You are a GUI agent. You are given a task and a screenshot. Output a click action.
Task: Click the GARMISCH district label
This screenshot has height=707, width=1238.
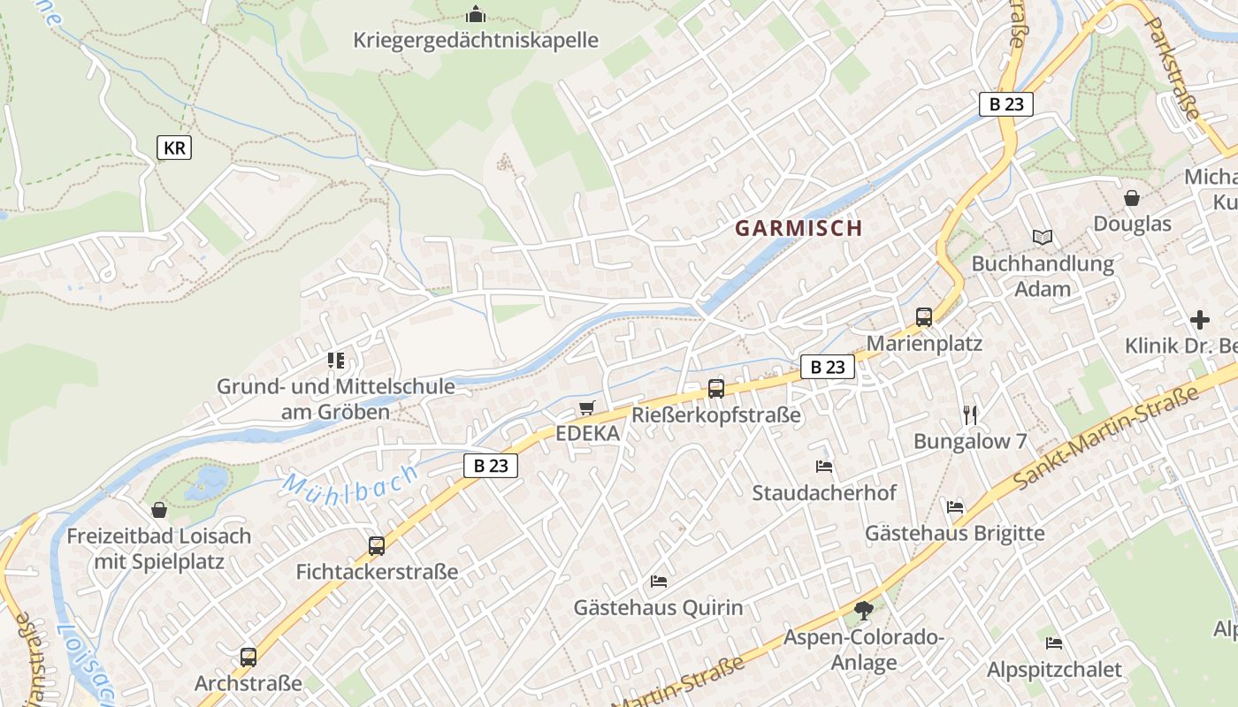799,228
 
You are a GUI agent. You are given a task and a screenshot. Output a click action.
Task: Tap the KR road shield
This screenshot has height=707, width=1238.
174,148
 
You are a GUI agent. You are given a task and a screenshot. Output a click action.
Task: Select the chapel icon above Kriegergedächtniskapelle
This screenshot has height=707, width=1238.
476,15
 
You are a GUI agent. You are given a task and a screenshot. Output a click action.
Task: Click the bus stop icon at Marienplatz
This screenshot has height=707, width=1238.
924,317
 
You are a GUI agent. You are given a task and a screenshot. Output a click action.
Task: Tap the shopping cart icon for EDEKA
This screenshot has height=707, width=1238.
586,408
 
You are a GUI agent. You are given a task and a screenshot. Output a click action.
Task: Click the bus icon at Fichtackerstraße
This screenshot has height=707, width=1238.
377,546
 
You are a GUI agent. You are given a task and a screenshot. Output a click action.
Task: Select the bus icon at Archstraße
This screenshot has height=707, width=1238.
248,658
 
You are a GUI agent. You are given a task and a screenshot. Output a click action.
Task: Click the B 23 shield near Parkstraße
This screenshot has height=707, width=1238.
1006,104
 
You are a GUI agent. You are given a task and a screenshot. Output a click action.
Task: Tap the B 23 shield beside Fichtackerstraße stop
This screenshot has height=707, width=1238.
490,466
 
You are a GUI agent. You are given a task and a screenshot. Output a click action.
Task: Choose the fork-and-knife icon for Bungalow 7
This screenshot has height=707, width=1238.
970,414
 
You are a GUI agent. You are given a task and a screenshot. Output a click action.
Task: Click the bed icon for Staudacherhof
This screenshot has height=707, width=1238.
824,467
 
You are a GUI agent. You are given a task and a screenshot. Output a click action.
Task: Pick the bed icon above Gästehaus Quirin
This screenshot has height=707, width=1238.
659,582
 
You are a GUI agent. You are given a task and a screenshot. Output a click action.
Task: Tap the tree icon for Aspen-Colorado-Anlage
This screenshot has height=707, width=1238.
864,610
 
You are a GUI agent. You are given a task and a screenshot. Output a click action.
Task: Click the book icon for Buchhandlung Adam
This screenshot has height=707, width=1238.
1043,237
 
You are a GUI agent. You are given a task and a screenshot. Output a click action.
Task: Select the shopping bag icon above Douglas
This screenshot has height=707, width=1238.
1131,198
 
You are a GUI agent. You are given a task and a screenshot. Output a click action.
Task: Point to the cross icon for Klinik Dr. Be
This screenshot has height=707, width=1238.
1200,319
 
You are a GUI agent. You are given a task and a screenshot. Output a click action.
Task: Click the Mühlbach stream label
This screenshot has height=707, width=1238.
350,485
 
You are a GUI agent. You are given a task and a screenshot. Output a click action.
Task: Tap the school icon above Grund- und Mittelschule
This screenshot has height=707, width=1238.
335,361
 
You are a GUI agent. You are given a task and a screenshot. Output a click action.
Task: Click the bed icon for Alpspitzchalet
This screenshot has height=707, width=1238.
1053,643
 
